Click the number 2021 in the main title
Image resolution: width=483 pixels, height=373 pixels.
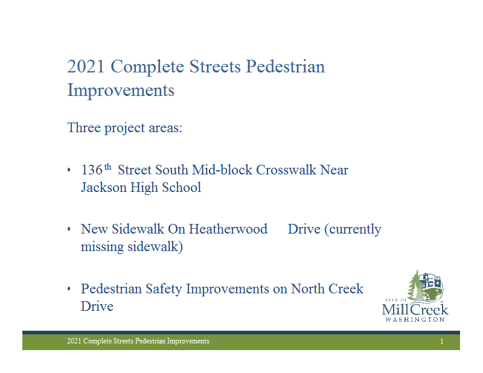coord(86,66)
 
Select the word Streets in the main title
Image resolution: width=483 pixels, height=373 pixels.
coord(215,66)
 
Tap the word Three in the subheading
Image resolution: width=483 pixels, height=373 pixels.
coord(84,127)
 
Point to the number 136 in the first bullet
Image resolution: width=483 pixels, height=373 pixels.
coord(92,170)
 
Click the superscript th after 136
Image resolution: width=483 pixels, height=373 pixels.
coord(107,167)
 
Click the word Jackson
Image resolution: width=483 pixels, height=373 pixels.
coord(104,188)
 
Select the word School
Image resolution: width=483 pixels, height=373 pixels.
coord(182,187)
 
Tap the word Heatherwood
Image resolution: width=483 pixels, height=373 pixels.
coord(228,229)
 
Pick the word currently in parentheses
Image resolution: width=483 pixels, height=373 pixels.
coord(355,230)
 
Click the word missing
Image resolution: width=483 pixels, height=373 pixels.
coord(102,247)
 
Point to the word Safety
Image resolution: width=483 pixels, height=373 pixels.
coord(164,289)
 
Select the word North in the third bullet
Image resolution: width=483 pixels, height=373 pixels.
coord(308,289)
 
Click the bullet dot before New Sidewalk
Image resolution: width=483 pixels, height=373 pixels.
coord(69,229)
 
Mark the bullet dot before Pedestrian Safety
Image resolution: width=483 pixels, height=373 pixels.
coord(69,289)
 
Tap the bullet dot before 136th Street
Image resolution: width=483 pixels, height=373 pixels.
coord(69,170)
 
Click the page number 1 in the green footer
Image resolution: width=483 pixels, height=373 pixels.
coord(442,341)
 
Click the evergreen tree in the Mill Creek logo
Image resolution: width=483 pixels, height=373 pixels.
coord(416,285)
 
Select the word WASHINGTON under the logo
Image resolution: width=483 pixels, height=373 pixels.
coord(415,320)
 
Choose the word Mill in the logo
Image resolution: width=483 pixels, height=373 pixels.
coord(395,309)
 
